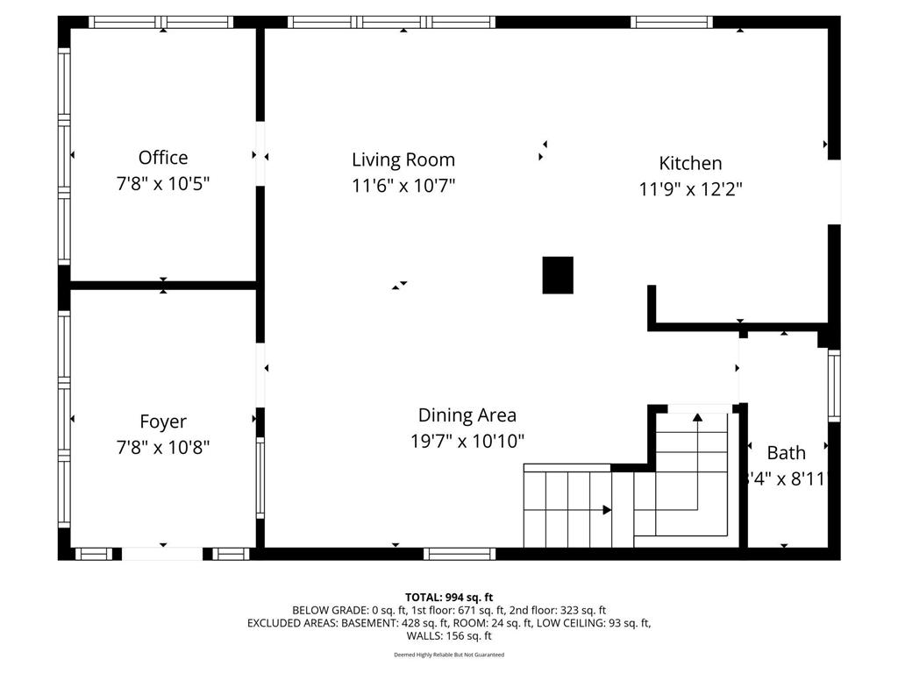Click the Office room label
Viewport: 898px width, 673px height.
(163, 158)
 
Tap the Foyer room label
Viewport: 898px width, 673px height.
(163, 422)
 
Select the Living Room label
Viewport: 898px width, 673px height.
(403, 159)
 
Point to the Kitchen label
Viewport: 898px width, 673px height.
(690, 163)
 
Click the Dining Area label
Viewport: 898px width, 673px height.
(467, 415)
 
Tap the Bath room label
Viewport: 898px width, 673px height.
(786, 453)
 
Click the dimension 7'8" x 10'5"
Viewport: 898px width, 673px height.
(163, 184)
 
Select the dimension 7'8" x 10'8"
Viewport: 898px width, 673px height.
(163, 448)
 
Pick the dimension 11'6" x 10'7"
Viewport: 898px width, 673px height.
(403, 186)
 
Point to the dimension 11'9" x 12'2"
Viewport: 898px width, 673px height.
(690, 189)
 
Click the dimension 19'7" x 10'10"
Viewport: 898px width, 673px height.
(467, 442)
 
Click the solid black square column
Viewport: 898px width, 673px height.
(558, 275)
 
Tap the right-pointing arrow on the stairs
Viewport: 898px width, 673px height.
(606, 509)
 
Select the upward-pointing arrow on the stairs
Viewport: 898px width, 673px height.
(697, 418)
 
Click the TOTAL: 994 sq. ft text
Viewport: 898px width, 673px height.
(449, 597)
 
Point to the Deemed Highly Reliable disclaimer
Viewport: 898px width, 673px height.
(449, 655)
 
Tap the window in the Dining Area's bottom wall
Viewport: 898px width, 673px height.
(460, 553)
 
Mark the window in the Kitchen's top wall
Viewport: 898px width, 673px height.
(672, 22)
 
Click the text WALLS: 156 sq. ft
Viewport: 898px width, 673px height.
(449, 636)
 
